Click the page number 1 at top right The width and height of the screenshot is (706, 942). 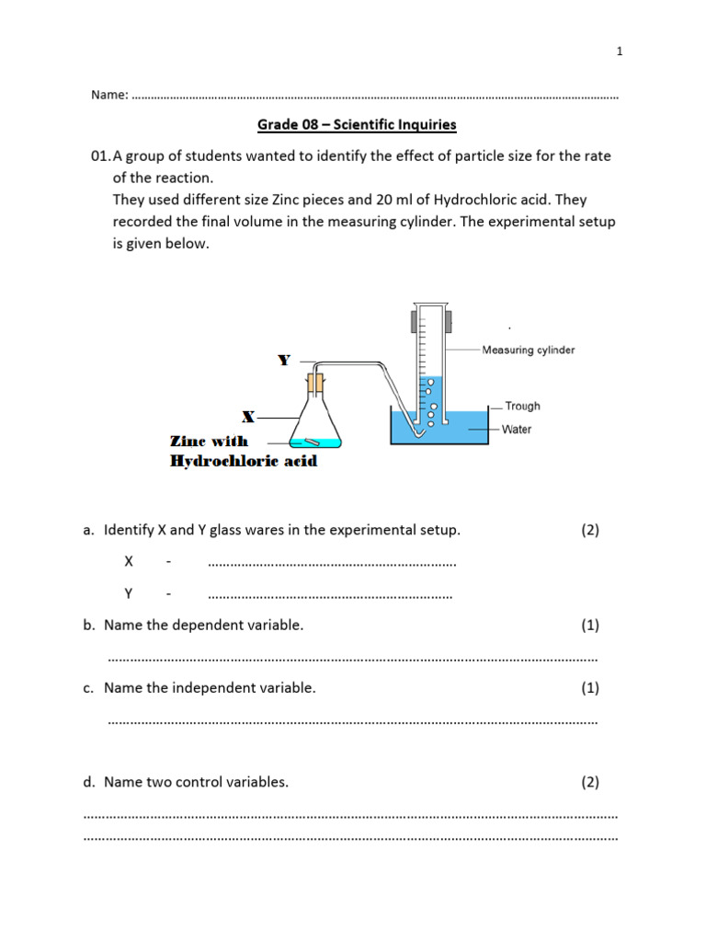tap(620, 52)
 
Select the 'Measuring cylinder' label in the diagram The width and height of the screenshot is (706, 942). tap(529, 350)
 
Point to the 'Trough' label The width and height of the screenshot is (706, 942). tap(522, 406)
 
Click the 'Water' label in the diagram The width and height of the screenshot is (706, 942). tap(517, 429)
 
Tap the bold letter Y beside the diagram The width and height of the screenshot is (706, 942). tap(284, 361)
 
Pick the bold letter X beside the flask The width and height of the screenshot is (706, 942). tap(248, 417)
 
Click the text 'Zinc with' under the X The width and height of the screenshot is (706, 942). tap(209, 442)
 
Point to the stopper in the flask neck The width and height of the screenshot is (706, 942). tap(315, 381)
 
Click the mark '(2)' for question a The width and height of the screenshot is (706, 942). tap(589, 530)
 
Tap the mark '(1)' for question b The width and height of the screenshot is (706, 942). tap(589, 626)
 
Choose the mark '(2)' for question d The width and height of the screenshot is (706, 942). tap(589, 782)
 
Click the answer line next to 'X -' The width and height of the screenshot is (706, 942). tap(332, 563)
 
